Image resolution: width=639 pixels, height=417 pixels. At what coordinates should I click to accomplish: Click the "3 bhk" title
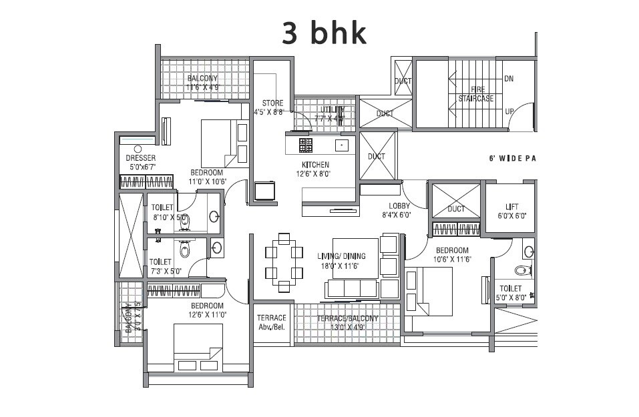(x=324, y=33)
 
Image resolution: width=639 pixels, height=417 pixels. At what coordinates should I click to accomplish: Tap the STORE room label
(x=272, y=103)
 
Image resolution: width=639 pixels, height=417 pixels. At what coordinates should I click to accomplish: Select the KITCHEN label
(x=315, y=165)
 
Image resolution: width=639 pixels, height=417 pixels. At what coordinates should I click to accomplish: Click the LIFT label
(x=511, y=207)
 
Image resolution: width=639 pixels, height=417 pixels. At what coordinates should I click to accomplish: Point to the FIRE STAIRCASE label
(x=476, y=93)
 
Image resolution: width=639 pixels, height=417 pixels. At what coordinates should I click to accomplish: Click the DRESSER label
(x=140, y=158)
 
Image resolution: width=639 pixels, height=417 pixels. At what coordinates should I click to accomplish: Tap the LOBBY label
(x=399, y=205)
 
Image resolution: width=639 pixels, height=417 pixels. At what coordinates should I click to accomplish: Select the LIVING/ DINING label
(x=339, y=256)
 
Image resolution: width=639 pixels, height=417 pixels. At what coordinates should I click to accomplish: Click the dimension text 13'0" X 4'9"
(x=347, y=328)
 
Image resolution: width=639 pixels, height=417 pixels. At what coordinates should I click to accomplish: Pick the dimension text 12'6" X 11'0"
(x=207, y=314)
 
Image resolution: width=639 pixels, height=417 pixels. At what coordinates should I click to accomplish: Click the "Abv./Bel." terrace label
(x=271, y=328)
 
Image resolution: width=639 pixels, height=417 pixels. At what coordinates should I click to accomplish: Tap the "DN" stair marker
(x=509, y=78)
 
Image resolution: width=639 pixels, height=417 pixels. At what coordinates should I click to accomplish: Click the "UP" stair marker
(x=509, y=111)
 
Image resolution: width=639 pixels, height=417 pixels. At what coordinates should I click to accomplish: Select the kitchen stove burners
(x=305, y=144)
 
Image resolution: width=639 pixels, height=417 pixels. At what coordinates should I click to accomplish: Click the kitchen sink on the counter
(x=342, y=144)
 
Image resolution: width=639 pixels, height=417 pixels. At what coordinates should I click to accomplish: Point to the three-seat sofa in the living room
(x=351, y=288)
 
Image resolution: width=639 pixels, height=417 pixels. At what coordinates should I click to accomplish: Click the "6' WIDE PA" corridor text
(x=513, y=159)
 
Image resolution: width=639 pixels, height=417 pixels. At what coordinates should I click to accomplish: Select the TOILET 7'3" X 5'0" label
(x=160, y=262)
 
